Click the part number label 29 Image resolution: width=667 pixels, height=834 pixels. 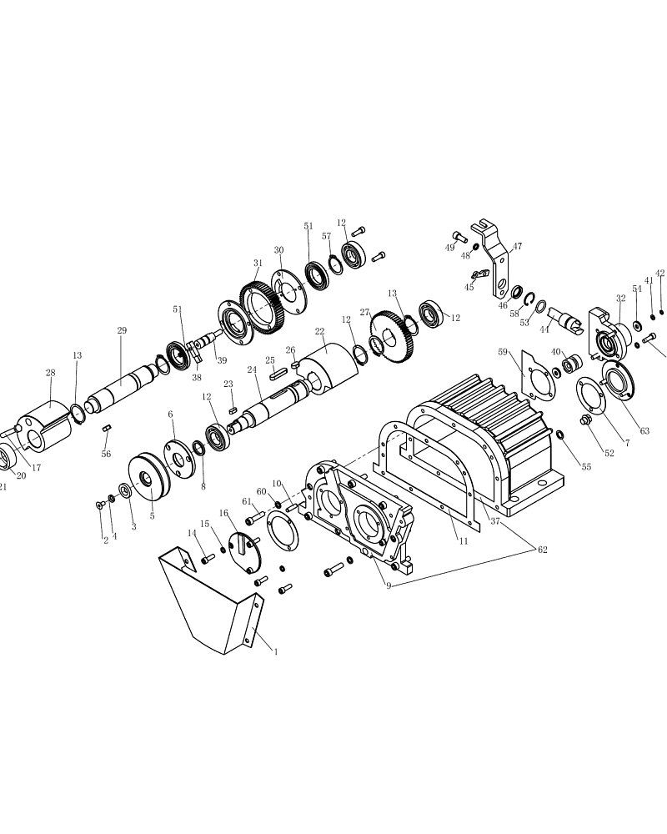pos(122,330)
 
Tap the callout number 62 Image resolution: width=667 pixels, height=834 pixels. pos(542,550)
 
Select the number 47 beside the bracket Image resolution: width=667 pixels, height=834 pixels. pos(517,246)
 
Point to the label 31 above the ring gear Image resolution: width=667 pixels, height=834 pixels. pos(258,263)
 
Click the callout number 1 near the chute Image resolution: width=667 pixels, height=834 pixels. pos(275,651)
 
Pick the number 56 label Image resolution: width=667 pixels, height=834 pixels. pos(107,454)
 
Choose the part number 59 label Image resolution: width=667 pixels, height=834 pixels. pos(503,352)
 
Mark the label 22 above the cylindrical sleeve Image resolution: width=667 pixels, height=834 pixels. pos(319,331)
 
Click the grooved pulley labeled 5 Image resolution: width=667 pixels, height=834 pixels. pos(149,477)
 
